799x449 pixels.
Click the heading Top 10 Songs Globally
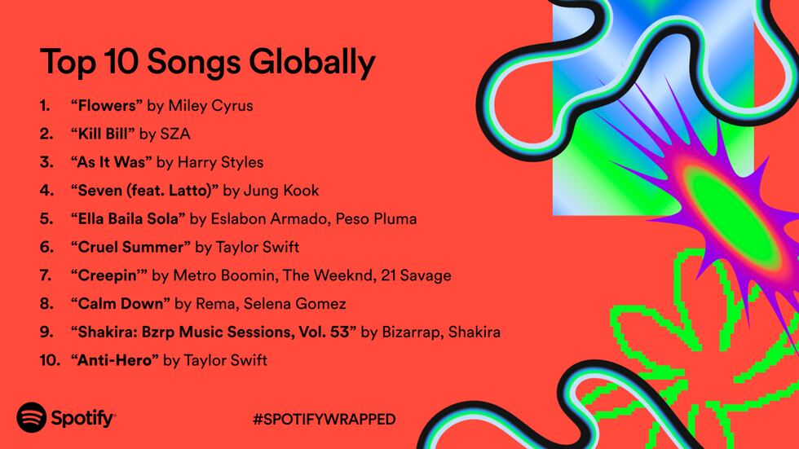207,62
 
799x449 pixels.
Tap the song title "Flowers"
106,106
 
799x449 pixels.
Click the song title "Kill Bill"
103,134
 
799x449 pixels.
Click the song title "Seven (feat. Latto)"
144,191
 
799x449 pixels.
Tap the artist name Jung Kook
281,191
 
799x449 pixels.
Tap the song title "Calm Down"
120,304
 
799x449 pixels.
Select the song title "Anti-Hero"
114,360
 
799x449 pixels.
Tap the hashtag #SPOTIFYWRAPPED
324,419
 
